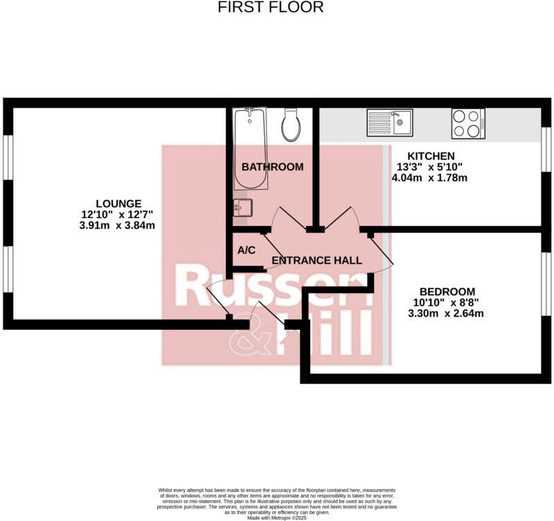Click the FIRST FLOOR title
(x=271, y=8)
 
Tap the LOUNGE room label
(x=118, y=203)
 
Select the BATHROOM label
(x=272, y=167)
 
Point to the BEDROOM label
(x=447, y=291)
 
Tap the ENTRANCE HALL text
(x=316, y=260)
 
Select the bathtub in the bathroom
(x=251, y=149)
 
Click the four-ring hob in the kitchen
(x=468, y=123)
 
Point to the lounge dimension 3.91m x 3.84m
(x=117, y=225)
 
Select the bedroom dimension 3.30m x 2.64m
(x=446, y=313)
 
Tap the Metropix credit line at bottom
(x=276, y=516)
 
